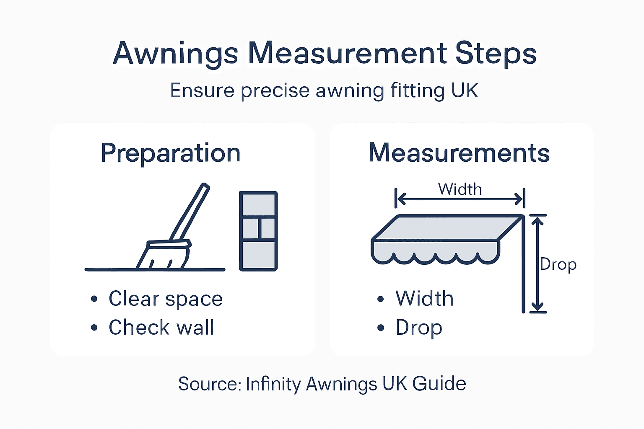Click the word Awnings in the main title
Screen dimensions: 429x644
[176, 54]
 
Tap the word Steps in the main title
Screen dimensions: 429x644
[496, 54]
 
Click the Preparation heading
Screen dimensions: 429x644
[170, 153]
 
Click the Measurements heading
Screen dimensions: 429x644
[459, 153]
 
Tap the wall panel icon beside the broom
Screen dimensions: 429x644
[258, 231]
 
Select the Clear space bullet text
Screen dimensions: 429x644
[166, 299]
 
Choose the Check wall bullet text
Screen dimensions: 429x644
[161, 327]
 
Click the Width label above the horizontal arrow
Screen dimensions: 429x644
[460, 189]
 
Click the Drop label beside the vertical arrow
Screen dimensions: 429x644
[558, 264]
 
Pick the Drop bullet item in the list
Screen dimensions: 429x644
[418, 327]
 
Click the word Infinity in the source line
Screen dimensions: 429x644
[273, 384]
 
